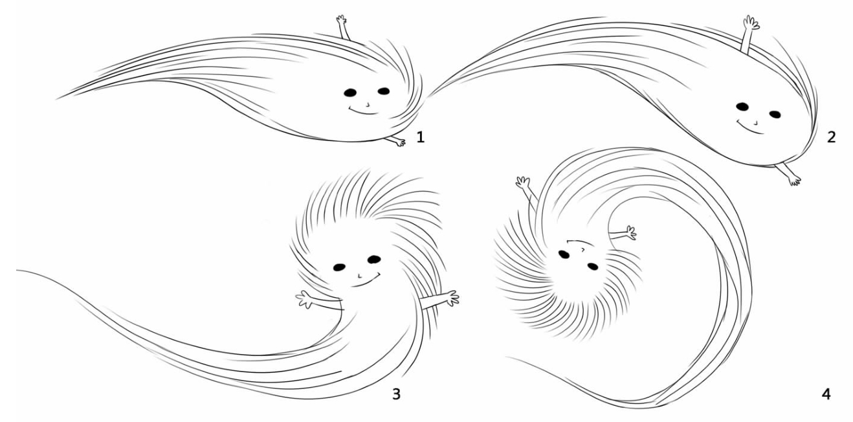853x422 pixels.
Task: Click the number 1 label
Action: click(x=421, y=137)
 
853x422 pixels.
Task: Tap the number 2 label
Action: click(x=831, y=137)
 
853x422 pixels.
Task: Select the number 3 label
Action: click(x=397, y=394)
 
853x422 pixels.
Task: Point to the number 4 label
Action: click(x=826, y=394)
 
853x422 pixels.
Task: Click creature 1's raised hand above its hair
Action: click(x=342, y=20)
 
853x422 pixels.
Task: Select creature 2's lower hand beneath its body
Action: click(x=794, y=180)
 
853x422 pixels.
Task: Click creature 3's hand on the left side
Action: click(x=304, y=300)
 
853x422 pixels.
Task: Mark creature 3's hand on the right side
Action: click(x=452, y=298)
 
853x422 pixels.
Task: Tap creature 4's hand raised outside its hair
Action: click(x=523, y=183)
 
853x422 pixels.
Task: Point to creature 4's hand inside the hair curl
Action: click(x=630, y=233)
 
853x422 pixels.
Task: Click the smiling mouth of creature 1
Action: click(x=363, y=111)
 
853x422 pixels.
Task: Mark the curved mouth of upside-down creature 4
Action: click(x=579, y=243)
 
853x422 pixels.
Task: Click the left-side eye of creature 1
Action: click(x=350, y=93)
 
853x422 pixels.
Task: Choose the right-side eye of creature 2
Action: click(x=775, y=115)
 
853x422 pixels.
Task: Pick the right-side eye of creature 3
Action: click(x=374, y=260)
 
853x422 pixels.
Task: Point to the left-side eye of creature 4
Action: click(x=564, y=254)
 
